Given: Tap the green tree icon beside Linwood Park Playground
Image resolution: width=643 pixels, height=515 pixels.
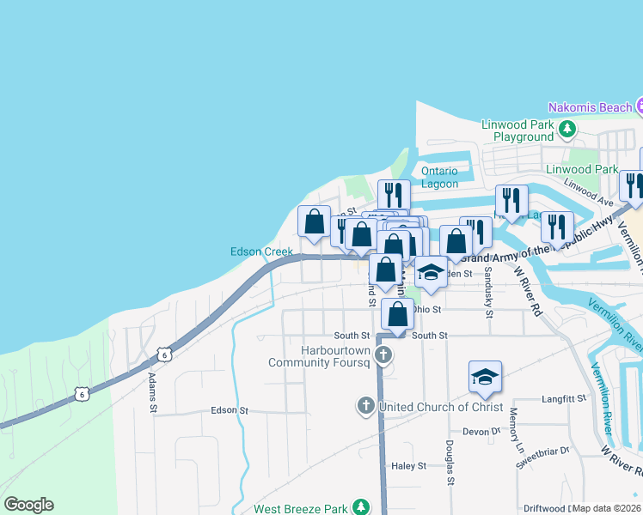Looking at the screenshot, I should point(566,130).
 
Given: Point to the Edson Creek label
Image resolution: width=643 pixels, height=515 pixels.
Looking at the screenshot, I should point(261,251).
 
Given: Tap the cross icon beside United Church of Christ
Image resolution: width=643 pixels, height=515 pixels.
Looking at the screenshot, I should point(366,405).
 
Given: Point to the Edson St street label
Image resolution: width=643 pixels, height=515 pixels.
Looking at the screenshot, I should point(230,411).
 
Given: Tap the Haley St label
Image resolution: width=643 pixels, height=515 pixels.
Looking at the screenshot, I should point(409,466).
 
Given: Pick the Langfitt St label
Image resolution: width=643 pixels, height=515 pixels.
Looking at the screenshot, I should point(564,399).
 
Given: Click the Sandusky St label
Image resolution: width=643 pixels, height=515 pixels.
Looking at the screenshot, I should point(487,292).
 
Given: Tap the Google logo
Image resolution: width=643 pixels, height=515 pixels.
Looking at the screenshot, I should point(28,505).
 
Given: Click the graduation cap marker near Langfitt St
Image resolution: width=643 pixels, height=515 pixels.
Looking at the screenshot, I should point(485,377).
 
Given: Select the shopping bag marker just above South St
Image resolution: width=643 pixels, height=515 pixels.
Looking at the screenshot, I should point(397,314).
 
